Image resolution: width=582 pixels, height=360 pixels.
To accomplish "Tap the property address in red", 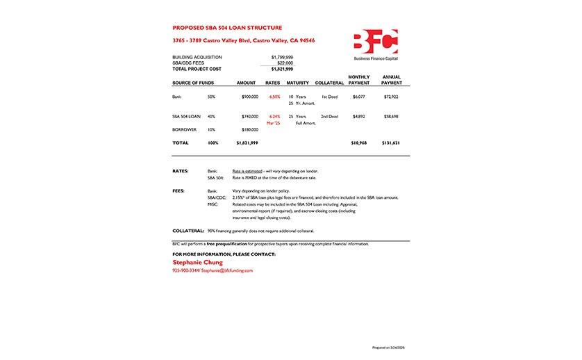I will (x=243, y=41).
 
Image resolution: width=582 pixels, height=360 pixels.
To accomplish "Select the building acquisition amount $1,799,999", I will (x=281, y=57).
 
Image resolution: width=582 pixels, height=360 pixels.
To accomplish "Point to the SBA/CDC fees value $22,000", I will (x=285, y=63).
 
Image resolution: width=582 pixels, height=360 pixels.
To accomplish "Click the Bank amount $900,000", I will (x=249, y=97).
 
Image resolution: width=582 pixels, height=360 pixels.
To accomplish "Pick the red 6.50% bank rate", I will (x=274, y=97).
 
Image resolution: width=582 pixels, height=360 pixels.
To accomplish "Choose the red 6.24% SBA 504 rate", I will (x=274, y=116).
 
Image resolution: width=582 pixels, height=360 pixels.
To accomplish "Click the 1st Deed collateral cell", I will (x=329, y=97).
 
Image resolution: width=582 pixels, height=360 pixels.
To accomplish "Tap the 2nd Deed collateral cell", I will (x=329, y=116).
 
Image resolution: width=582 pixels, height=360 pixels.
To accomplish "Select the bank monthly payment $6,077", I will (x=358, y=97).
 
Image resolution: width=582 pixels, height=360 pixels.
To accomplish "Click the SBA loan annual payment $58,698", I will (x=391, y=116).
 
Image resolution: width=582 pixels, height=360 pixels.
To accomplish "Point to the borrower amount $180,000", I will (x=249, y=129).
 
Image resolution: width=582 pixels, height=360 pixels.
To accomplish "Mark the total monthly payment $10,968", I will (x=358, y=142).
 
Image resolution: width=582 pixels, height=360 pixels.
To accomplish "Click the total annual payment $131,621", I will (x=391, y=142).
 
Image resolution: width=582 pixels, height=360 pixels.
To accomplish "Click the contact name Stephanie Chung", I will (x=198, y=263).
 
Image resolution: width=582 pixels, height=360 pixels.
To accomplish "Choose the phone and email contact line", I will (x=213, y=270).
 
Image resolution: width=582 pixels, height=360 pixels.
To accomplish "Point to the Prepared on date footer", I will (x=392, y=346).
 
